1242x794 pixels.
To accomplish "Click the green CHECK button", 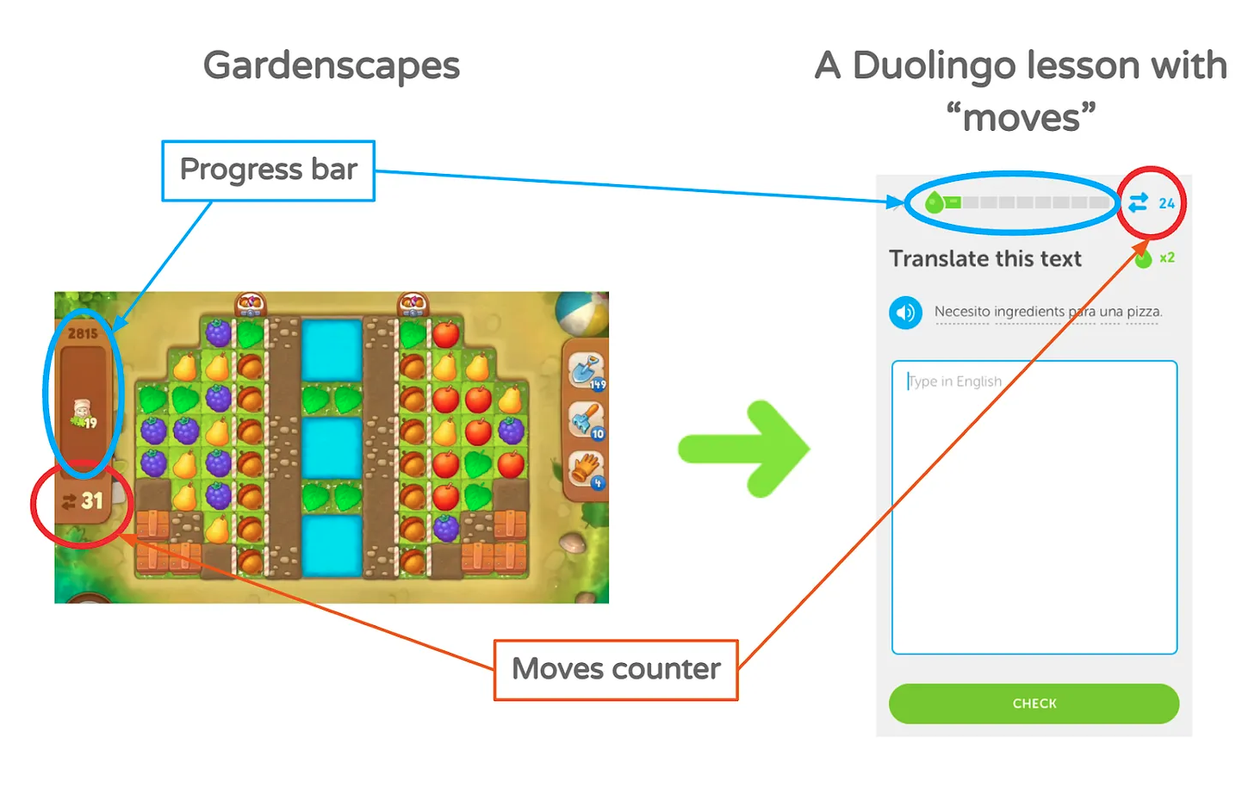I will [1034, 704].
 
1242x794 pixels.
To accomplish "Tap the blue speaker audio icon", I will [905, 312].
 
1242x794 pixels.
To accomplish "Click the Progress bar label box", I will [268, 171].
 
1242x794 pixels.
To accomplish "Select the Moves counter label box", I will [616, 669].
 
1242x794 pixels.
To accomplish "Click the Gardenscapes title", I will [332, 65].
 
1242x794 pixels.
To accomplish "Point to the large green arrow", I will [744, 449].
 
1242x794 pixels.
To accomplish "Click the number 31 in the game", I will [92, 500].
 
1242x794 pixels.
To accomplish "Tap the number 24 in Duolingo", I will [1166, 203].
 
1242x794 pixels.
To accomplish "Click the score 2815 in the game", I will [83, 333].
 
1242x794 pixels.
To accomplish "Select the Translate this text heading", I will [984, 258].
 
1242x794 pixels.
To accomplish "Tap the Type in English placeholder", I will [955, 381].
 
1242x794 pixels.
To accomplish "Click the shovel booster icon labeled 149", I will [586, 370].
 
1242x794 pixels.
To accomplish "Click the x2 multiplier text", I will [1167, 257].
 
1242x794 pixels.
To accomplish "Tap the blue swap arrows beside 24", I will [1138, 202].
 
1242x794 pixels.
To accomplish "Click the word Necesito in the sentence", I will [961, 311].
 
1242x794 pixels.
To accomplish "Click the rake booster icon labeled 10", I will [586, 420].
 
